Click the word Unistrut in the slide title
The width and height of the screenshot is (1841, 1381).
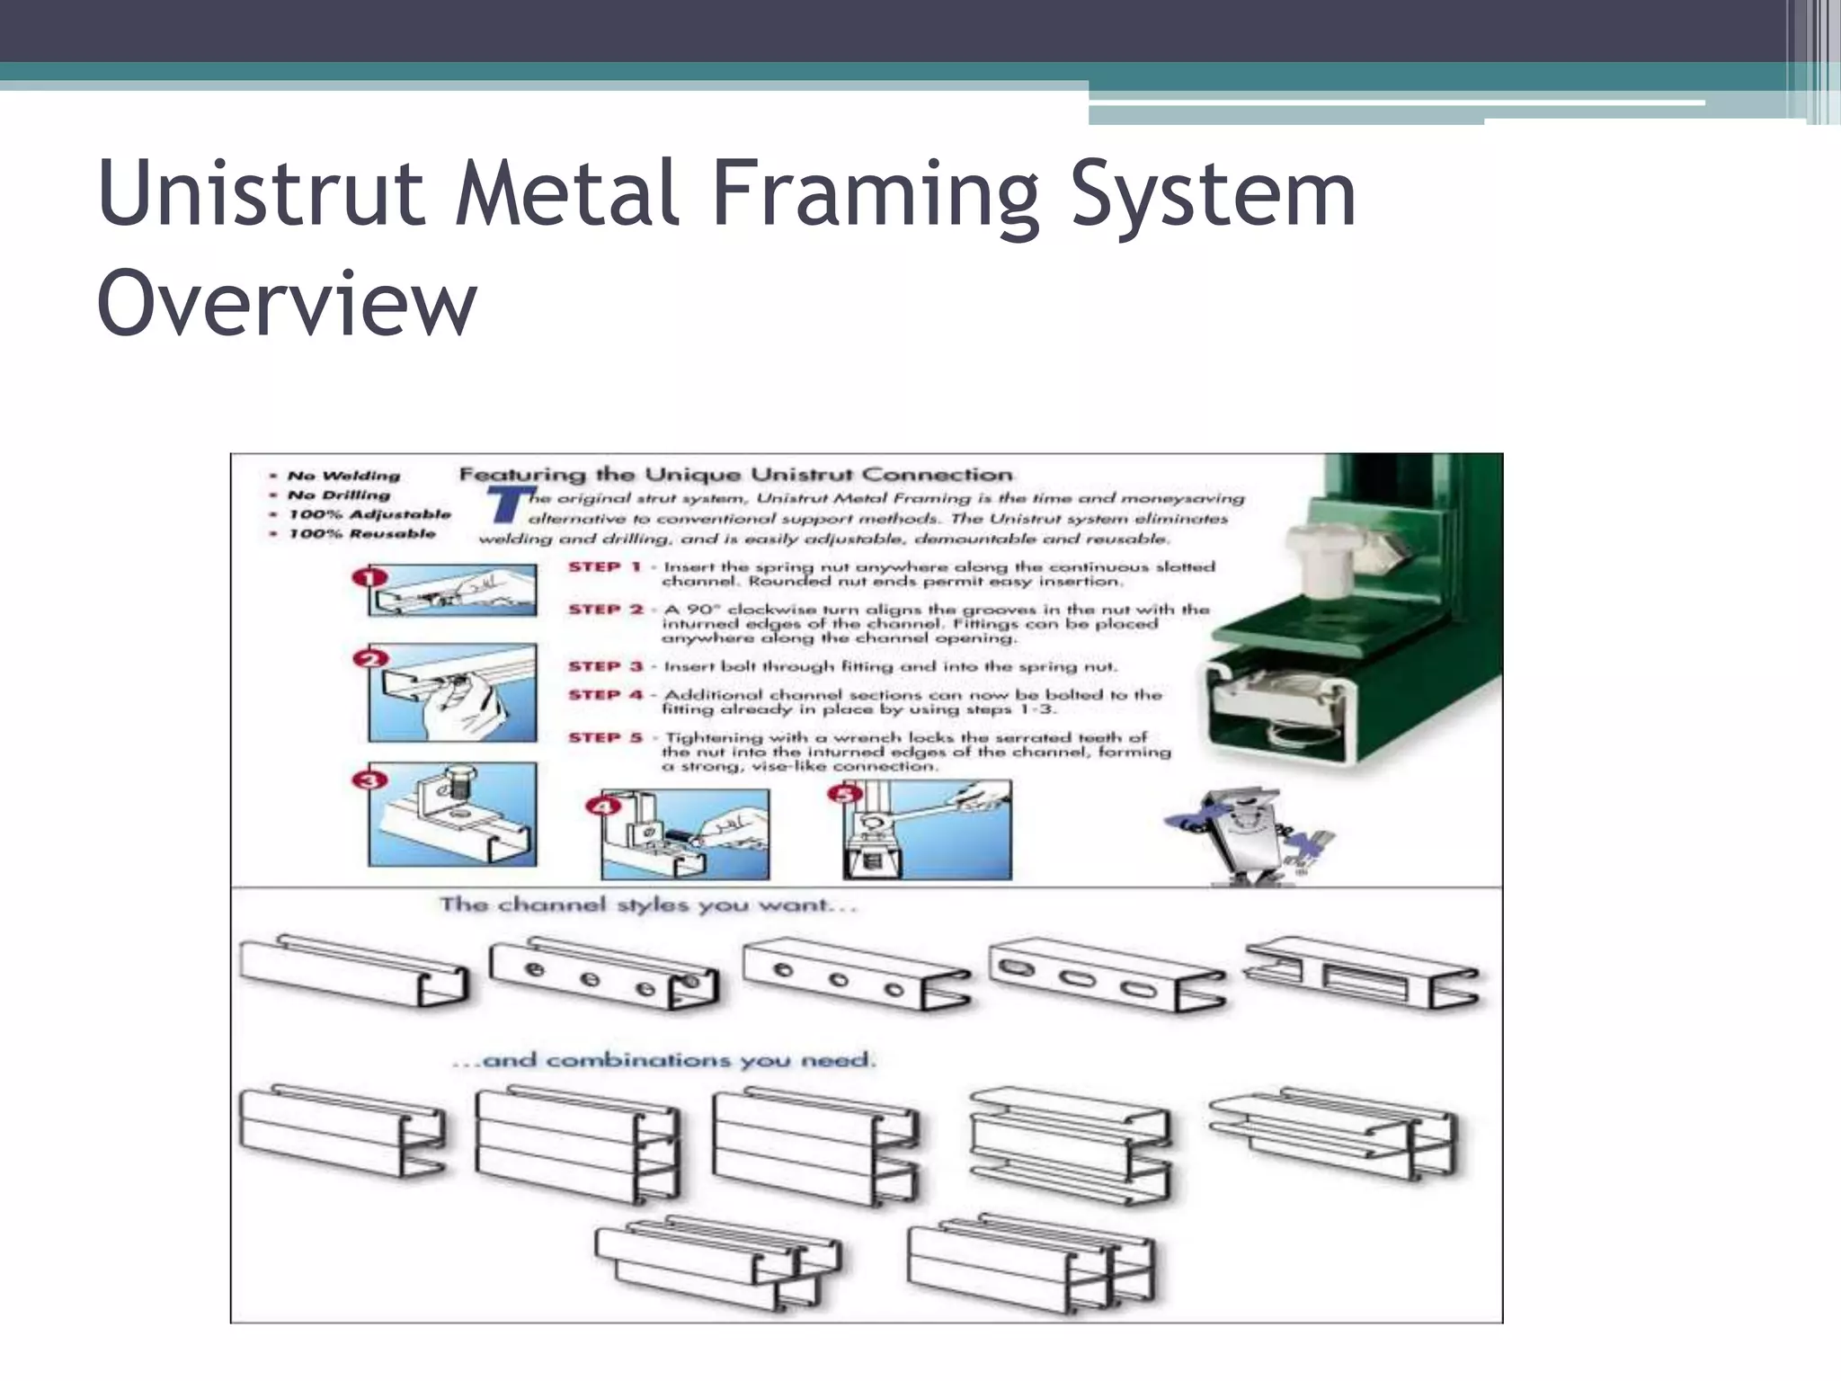pyautogui.click(x=261, y=193)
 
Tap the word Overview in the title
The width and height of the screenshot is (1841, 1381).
pyautogui.click(x=286, y=304)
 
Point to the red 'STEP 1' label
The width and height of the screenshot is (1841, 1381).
pyautogui.click(x=604, y=567)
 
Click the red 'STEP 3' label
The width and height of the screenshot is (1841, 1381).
pyautogui.click(x=605, y=666)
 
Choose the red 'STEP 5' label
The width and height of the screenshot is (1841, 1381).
pyautogui.click(x=605, y=737)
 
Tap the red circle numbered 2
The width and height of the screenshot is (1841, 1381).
pyautogui.click(x=369, y=659)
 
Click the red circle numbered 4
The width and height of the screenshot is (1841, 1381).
pyautogui.click(x=602, y=806)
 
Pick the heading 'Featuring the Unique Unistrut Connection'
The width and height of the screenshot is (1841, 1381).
pyautogui.click(x=735, y=474)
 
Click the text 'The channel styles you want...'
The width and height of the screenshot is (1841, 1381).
pyautogui.click(x=647, y=904)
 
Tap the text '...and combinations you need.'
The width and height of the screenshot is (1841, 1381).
pyautogui.click(x=663, y=1060)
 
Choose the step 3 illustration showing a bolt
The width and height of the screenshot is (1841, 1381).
pyautogui.click(x=453, y=815)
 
